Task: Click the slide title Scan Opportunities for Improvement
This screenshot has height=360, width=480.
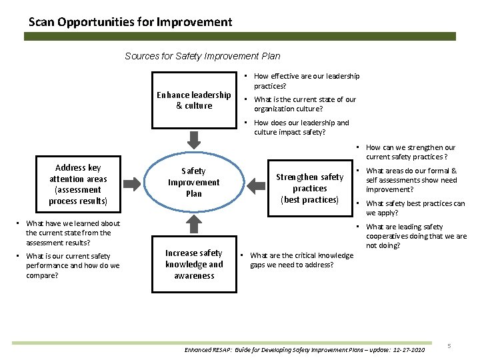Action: click(131, 22)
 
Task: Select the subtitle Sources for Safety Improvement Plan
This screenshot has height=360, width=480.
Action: click(203, 56)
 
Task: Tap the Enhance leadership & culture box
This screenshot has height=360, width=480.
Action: click(194, 100)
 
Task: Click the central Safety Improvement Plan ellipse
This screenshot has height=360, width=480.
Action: click(194, 183)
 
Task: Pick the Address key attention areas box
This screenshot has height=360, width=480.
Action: click(78, 184)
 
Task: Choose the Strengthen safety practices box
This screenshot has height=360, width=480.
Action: click(309, 188)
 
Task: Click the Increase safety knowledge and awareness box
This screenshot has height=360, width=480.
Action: click(194, 264)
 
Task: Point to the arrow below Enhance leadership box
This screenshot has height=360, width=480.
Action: click(194, 139)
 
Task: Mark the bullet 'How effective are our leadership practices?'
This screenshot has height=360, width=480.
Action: click(306, 81)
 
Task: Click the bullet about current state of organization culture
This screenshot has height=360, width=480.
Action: click(305, 104)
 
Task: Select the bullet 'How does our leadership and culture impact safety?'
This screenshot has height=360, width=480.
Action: click(301, 127)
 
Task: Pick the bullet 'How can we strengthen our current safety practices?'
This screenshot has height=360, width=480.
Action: click(410, 152)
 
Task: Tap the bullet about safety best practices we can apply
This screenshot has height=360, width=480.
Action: click(415, 208)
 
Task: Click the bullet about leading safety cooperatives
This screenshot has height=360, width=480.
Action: click(415, 236)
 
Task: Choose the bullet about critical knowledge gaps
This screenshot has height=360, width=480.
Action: click(301, 260)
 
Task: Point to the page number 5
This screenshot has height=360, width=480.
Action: click(449, 345)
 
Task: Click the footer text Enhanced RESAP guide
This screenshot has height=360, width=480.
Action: click(303, 349)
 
